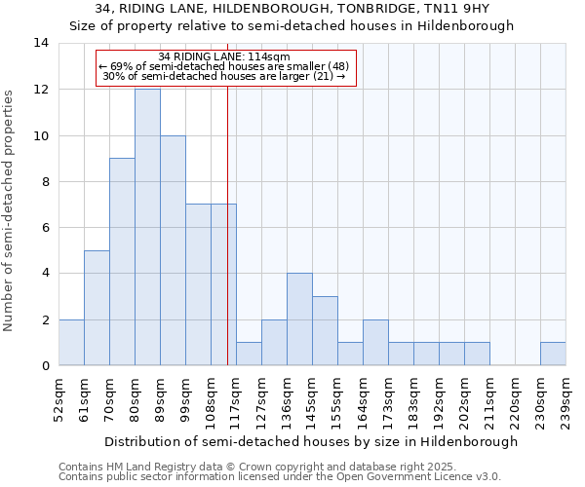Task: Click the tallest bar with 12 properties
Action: pos(147,227)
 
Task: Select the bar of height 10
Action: pos(173,250)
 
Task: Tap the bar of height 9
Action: pos(122,262)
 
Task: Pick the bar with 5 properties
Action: pos(97,308)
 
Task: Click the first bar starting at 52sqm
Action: pos(71,343)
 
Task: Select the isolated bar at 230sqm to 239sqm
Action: pos(553,355)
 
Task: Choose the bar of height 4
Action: pos(299,319)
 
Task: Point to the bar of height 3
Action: pos(325,331)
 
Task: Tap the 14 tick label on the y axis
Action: pos(40,43)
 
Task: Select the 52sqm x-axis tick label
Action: pos(58,400)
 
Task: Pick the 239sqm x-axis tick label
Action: pos(565,400)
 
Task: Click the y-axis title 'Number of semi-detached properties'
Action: pos(10,210)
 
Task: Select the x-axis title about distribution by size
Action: pos(311,441)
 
